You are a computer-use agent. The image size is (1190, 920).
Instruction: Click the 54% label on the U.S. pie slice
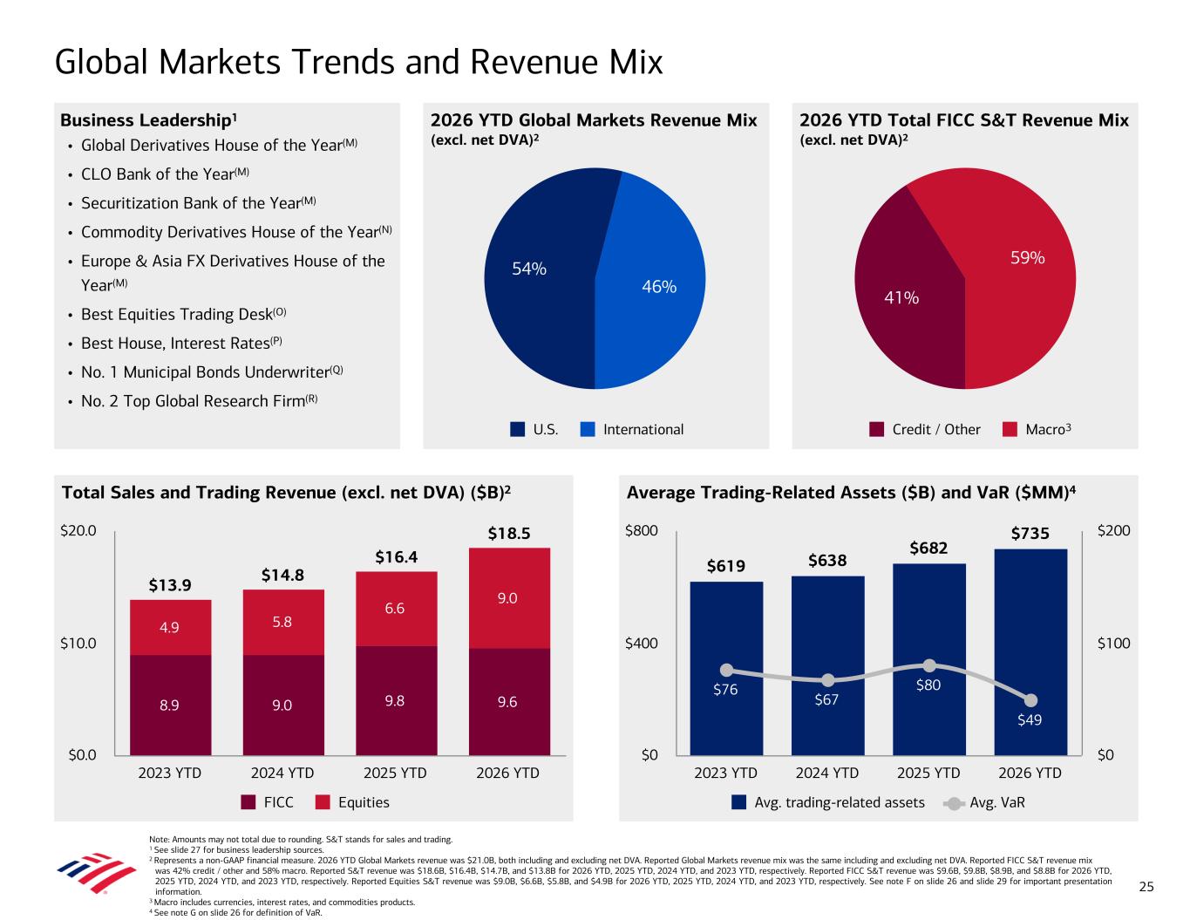pos(529,269)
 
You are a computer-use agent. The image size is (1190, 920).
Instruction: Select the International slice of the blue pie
pos(652,285)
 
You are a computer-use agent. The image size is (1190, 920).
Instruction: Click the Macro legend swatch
pos(1010,429)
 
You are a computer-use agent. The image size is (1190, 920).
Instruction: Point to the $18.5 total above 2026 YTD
pos(509,534)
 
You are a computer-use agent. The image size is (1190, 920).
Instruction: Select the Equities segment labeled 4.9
pos(170,628)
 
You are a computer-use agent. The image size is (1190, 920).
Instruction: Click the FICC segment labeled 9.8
pos(397,701)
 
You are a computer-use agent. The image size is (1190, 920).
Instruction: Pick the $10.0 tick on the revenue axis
pos(78,643)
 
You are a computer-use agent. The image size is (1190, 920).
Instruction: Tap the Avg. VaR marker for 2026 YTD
pos(1030,700)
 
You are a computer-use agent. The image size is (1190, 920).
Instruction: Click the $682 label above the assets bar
pos(928,548)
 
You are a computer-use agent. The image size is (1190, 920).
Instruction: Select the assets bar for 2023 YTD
pos(726,669)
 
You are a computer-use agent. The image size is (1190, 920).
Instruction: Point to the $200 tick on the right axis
pos(1114,531)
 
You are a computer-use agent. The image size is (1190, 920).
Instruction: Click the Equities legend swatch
pos(323,802)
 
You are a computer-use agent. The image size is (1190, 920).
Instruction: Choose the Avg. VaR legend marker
pos(954,803)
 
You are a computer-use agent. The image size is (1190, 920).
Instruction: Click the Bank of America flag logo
pos(97,872)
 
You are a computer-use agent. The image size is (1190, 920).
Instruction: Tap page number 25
pos(1146,887)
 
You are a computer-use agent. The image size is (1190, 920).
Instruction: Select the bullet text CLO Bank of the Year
pos(158,174)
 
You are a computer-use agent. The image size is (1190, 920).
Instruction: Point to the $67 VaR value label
pos(826,699)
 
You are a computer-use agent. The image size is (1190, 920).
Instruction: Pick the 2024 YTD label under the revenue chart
pos(282,773)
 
